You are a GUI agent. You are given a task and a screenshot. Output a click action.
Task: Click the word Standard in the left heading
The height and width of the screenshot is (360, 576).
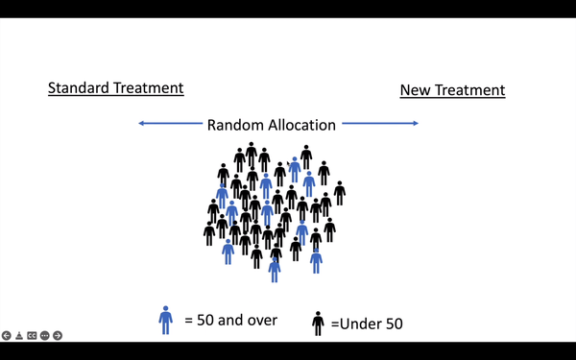[x=80, y=88]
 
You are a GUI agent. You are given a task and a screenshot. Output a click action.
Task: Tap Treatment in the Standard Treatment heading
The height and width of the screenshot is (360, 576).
[x=148, y=88]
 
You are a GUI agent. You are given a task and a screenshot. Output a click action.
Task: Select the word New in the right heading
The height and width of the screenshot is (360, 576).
[x=416, y=90]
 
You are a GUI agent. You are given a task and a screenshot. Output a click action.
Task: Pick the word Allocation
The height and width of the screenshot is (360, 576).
[x=300, y=125]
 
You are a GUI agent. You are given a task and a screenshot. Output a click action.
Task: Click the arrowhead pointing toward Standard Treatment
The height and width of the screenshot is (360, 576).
[x=142, y=123]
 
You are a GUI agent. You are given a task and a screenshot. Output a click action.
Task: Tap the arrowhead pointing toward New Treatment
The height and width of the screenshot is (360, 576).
[x=415, y=123]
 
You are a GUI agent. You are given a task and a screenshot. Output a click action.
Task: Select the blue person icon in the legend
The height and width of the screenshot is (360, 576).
[x=165, y=320]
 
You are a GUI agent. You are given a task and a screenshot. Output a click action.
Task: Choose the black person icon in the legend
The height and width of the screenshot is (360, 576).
[x=318, y=324]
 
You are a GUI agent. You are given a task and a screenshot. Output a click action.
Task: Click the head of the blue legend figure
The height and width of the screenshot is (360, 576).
[x=165, y=309]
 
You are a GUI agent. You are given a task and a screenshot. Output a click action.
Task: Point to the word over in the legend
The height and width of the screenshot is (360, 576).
[x=259, y=320]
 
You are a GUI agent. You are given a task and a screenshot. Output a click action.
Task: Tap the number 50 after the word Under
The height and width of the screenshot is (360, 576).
[x=392, y=324]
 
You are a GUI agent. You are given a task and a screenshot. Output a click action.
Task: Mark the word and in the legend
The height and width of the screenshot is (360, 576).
[x=228, y=320]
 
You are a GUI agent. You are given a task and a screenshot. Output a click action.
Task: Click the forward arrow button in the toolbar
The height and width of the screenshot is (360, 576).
[x=58, y=335]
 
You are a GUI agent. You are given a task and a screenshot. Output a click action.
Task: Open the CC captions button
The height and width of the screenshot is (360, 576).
[x=32, y=335]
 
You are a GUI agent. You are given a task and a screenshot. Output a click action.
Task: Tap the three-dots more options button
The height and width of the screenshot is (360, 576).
[x=44, y=335]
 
